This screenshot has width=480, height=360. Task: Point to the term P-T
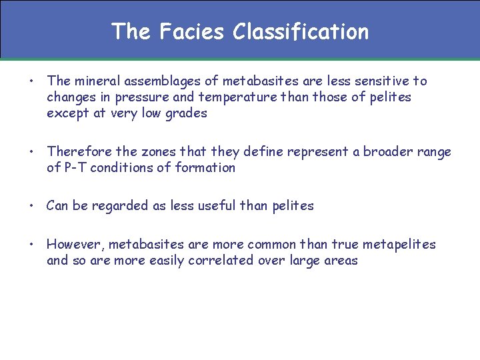[75, 168]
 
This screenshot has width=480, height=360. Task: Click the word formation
[205, 168]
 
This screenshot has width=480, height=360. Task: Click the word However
[73, 245]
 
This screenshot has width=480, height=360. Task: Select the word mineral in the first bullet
[97, 81]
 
